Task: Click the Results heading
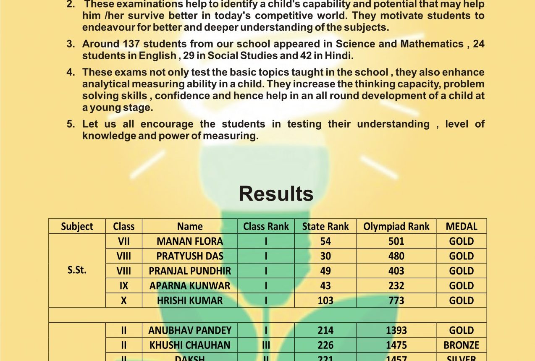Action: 276,194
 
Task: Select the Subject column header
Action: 77,227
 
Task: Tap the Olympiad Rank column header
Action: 396,227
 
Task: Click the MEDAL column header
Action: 461,227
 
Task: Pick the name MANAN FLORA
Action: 190,241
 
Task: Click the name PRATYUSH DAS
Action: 190,256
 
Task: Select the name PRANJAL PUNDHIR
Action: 190,271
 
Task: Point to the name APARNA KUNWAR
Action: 190,285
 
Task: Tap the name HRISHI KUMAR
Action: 190,301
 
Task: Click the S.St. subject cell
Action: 77,270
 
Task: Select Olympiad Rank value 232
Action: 396,285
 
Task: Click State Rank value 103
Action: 325,301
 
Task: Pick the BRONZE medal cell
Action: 461,345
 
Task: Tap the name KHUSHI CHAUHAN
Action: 190,345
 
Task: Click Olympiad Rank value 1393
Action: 396,330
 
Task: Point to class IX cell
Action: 123,285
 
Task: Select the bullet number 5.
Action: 71,124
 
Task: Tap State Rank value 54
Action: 325,241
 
